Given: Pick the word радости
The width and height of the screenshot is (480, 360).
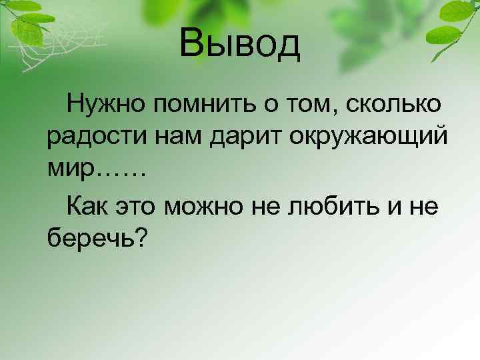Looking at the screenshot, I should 91,137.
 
